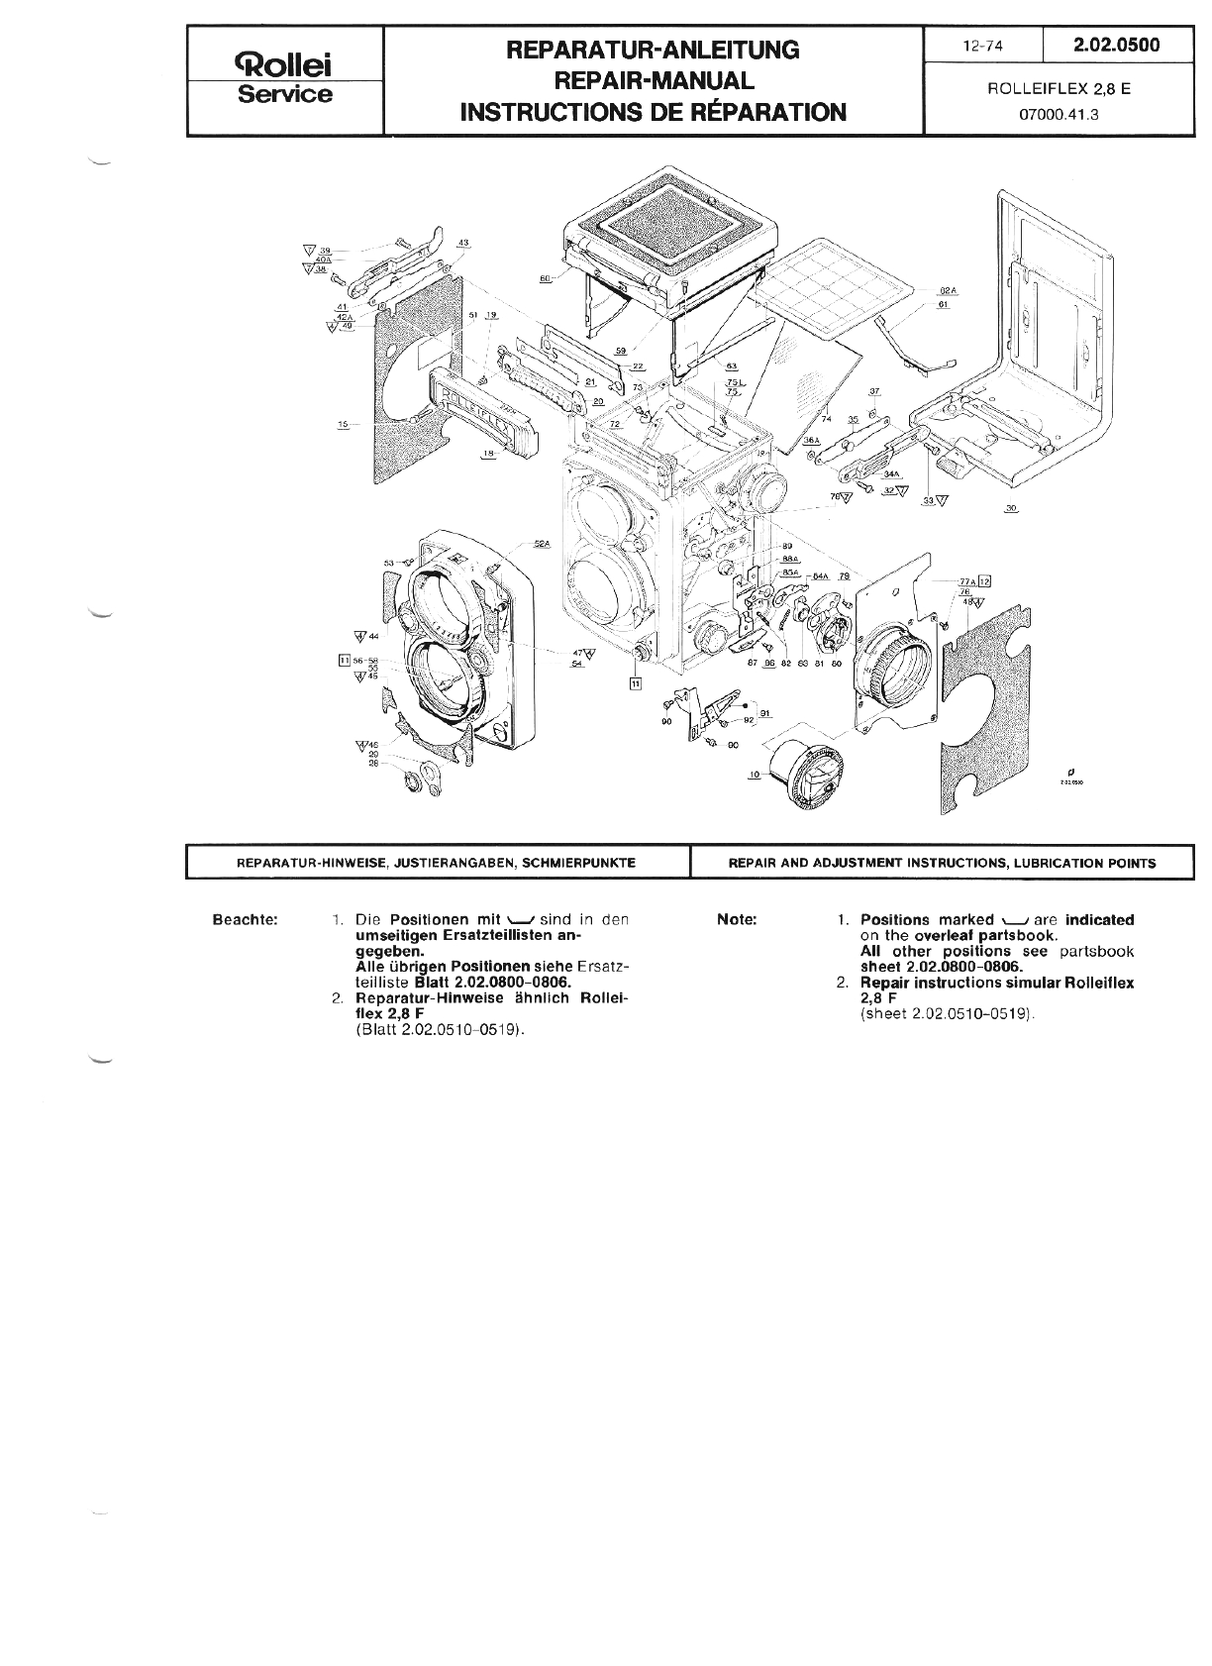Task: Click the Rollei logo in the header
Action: pyautogui.click(x=285, y=65)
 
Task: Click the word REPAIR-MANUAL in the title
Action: pyautogui.click(x=653, y=80)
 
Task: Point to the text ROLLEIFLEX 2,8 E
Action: pyautogui.click(x=1059, y=88)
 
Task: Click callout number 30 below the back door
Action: pyautogui.click(x=1011, y=508)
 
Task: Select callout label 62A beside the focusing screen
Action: pyautogui.click(x=948, y=291)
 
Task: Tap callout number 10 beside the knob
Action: pyautogui.click(x=755, y=774)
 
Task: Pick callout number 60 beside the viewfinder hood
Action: pyautogui.click(x=545, y=278)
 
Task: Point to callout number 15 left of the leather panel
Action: pyautogui.click(x=344, y=424)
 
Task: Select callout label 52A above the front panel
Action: pyautogui.click(x=541, y=544)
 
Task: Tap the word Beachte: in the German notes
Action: pyautogui.click(x=246, y=919)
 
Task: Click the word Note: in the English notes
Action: pyautogui.click(x=737, y=919)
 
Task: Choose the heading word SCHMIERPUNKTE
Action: pyautogui.click(x=585, y=863)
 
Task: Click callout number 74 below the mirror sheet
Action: pyautogui.click(x=825, y=418)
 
